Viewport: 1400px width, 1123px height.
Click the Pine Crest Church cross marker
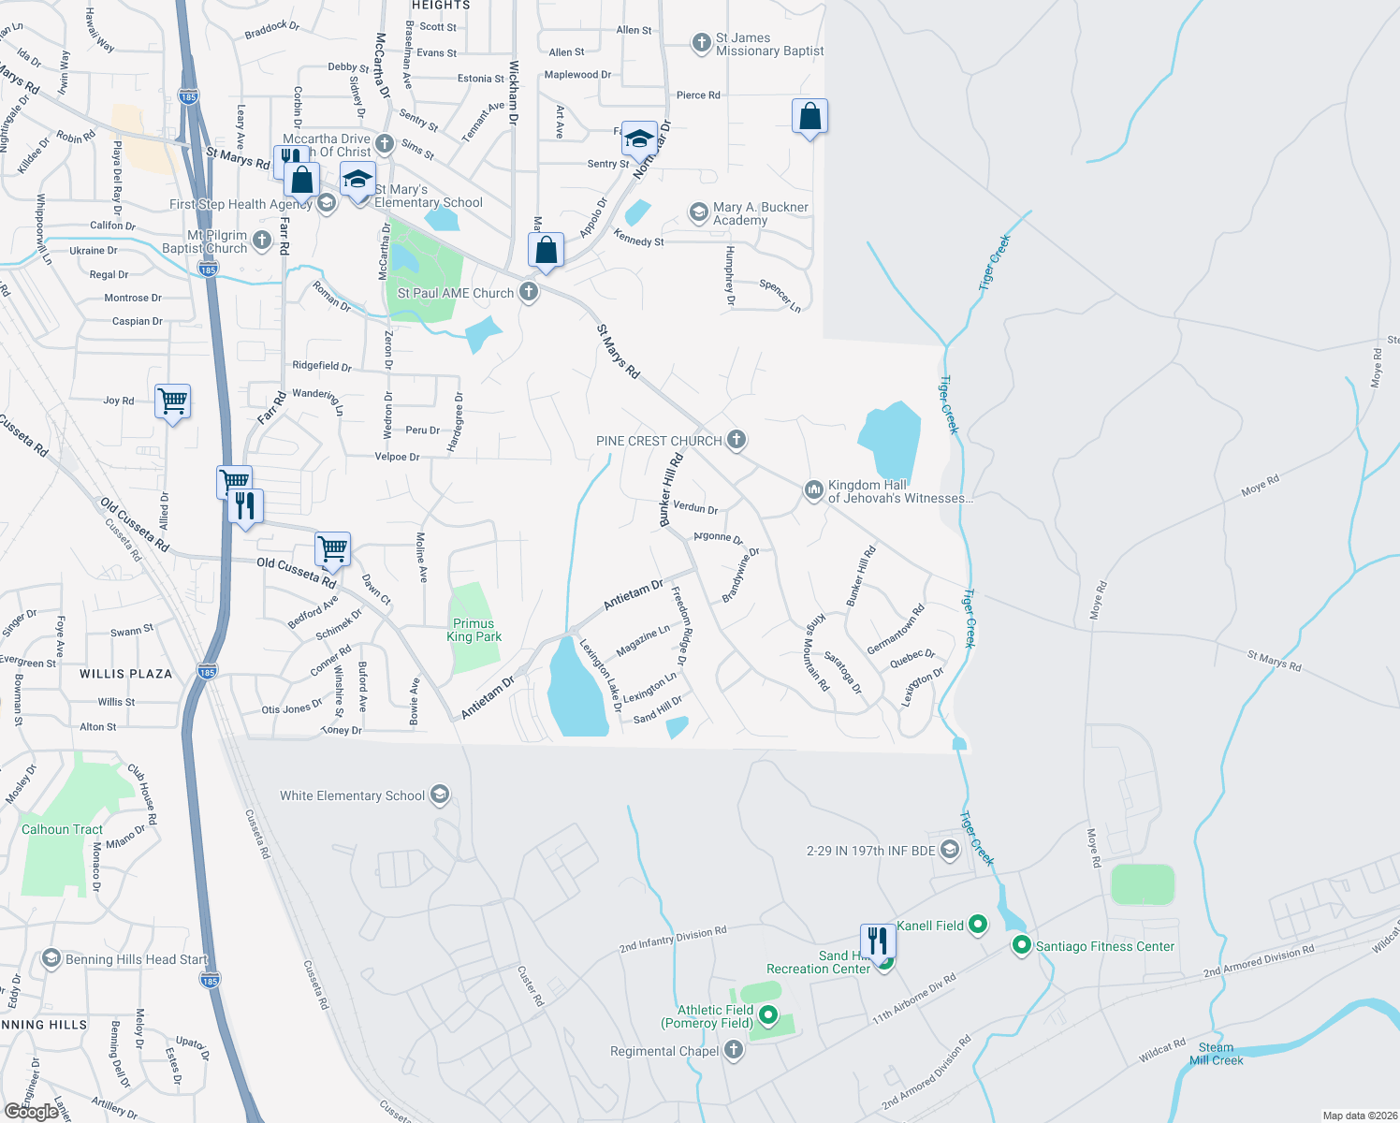(736, 440)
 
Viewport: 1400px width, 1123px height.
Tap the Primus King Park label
(474, 630)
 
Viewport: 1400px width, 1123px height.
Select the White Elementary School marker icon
(440, 795)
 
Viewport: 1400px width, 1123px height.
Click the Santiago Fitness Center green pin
(1021, 946)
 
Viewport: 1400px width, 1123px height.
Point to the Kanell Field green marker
(978, 926)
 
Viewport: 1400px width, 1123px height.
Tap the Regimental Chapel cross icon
(734, 1051)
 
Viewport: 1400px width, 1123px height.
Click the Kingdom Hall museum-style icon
(813, 489)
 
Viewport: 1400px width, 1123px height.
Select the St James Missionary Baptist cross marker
(701, 43)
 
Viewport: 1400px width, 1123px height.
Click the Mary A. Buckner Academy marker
(698, 212)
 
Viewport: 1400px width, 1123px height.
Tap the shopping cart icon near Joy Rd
(173, 401)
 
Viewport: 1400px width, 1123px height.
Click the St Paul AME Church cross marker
(529, 293)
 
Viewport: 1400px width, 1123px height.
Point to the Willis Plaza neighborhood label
(126, 674)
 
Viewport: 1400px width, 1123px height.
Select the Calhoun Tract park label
(63, 829)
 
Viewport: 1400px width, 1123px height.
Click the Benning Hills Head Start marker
(51, 959)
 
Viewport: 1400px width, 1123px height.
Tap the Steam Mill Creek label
(1216, 1054)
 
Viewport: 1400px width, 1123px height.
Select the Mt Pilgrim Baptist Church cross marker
(262, 241)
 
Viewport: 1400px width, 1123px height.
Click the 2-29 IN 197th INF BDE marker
(950, 850)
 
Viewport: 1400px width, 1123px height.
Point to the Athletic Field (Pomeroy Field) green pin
(768, 1015)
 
